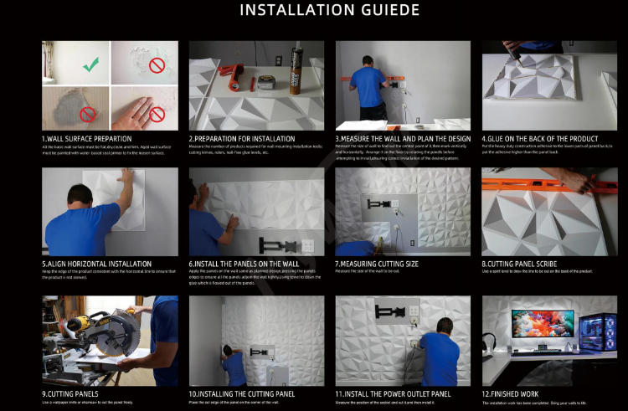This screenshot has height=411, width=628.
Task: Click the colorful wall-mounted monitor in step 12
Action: pyautogui.click(x=542, y=326)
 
